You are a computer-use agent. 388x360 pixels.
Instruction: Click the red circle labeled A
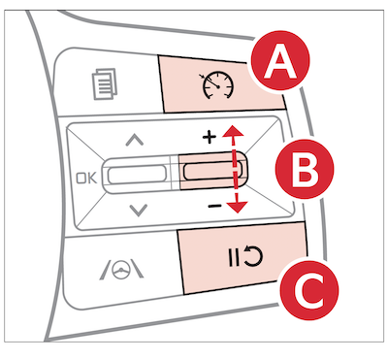pos(280,59)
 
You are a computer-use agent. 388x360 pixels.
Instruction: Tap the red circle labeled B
pos(305,169)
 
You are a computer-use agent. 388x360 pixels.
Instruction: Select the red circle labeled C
pos(309,290)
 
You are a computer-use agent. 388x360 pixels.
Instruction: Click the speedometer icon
pos(217,85)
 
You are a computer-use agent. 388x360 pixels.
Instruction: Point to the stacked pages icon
pos(104,83)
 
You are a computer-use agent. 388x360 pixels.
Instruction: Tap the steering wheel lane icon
pos(121,269)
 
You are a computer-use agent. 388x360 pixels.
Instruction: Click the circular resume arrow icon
pos(253,256)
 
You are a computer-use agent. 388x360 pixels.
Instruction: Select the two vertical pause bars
pos(234,258)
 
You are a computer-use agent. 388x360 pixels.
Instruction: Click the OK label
pos(86,179)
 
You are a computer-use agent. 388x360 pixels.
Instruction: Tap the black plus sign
pos(210,138)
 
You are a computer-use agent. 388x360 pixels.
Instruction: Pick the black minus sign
pos(214,206)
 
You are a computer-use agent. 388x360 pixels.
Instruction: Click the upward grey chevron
pos(135,140)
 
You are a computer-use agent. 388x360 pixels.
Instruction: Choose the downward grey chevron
pos(139,210)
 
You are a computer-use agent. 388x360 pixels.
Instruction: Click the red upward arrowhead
pos(232,132)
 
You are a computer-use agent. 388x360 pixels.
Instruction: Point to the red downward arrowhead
pos(238,207)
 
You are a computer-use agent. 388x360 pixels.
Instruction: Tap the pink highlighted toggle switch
pos(212,171)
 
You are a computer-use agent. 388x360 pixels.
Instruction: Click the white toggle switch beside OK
pos(137,175)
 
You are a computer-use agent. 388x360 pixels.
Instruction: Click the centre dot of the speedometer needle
pos(218,86)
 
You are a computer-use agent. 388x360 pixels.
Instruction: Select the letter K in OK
pos(92,179)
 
